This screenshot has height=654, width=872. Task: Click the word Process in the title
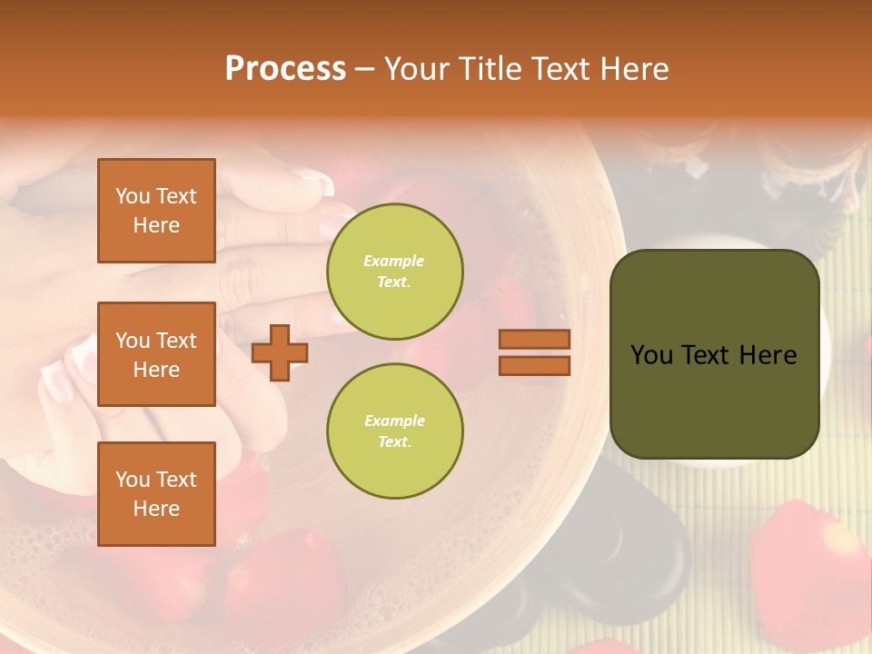tap(285, 68)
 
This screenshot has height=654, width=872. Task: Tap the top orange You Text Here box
tap(156, 211)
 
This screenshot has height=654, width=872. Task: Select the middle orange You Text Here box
tap(156, 354)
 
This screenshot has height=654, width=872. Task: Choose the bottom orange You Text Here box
tap(156, 493)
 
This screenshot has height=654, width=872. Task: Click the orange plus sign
tap(280, 352)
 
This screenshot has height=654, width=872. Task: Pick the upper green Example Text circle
tap(394, 271)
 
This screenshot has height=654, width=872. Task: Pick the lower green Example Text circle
tap(394, 431)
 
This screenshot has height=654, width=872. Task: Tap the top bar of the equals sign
tap(534, 339)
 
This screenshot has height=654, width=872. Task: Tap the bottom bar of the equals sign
tap(534, 365)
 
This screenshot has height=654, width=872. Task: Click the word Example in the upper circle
tap(394, 261)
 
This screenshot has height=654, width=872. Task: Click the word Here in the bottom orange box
tap(156, 509)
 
